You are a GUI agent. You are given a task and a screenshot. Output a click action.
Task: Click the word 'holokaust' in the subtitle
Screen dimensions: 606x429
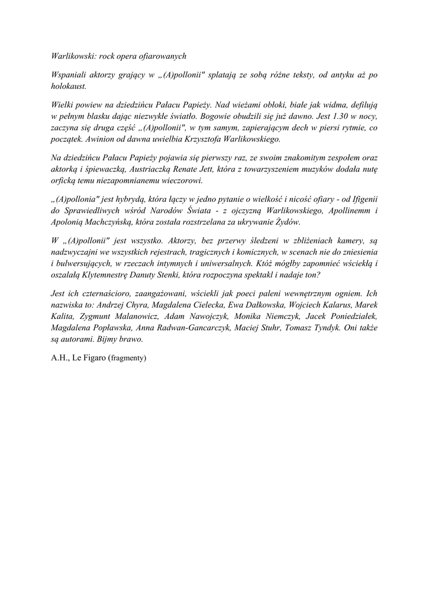pos(69,86)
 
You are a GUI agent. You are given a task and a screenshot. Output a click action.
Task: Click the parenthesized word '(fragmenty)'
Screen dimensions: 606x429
pos(126,358)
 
